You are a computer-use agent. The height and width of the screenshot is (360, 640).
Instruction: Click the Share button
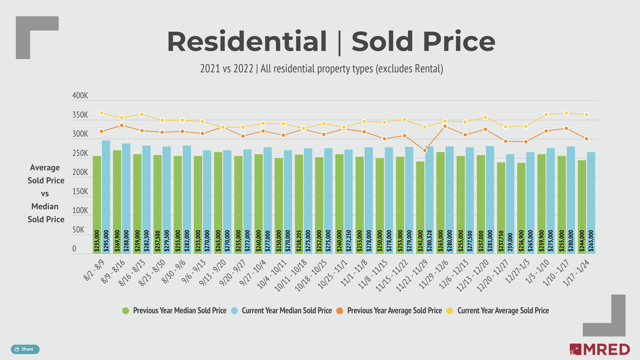pyautogui.click(x=25, y=349)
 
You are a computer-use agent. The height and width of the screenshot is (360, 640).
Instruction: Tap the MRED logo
pyautogui.click(x=600, y=349)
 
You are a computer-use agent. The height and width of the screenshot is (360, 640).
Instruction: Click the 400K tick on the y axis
pyautogui.click(x=80, y=96)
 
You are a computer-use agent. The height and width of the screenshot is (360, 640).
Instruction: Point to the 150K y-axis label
pyautogui.click(x=80, y=191)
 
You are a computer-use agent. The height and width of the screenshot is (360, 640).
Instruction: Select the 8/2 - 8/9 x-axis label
pyautogui.click(x=94, y=270)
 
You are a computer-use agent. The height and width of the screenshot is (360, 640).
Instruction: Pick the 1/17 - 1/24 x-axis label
pyautogui.click(x=576, y=273)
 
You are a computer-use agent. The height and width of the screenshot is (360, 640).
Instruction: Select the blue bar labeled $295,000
pyautogui.click(x=106, y=196)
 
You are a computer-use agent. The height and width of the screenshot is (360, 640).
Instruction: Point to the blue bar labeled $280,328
pyautogui.click(x=429, y=199)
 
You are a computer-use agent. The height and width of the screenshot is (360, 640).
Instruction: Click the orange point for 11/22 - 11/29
pyautogui.click(x=425, y=150)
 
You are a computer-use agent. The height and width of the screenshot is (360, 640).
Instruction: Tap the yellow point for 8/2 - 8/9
pyautogui.click(x=102, y=113)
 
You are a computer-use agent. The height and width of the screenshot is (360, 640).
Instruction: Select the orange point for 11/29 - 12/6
pyautogui.click(x=445, y=126)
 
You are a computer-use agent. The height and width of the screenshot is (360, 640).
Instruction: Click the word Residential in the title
pyautogui.click(x=247, y=41)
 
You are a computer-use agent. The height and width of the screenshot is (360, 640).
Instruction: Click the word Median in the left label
pyautogui.click(x=45, y=207)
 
